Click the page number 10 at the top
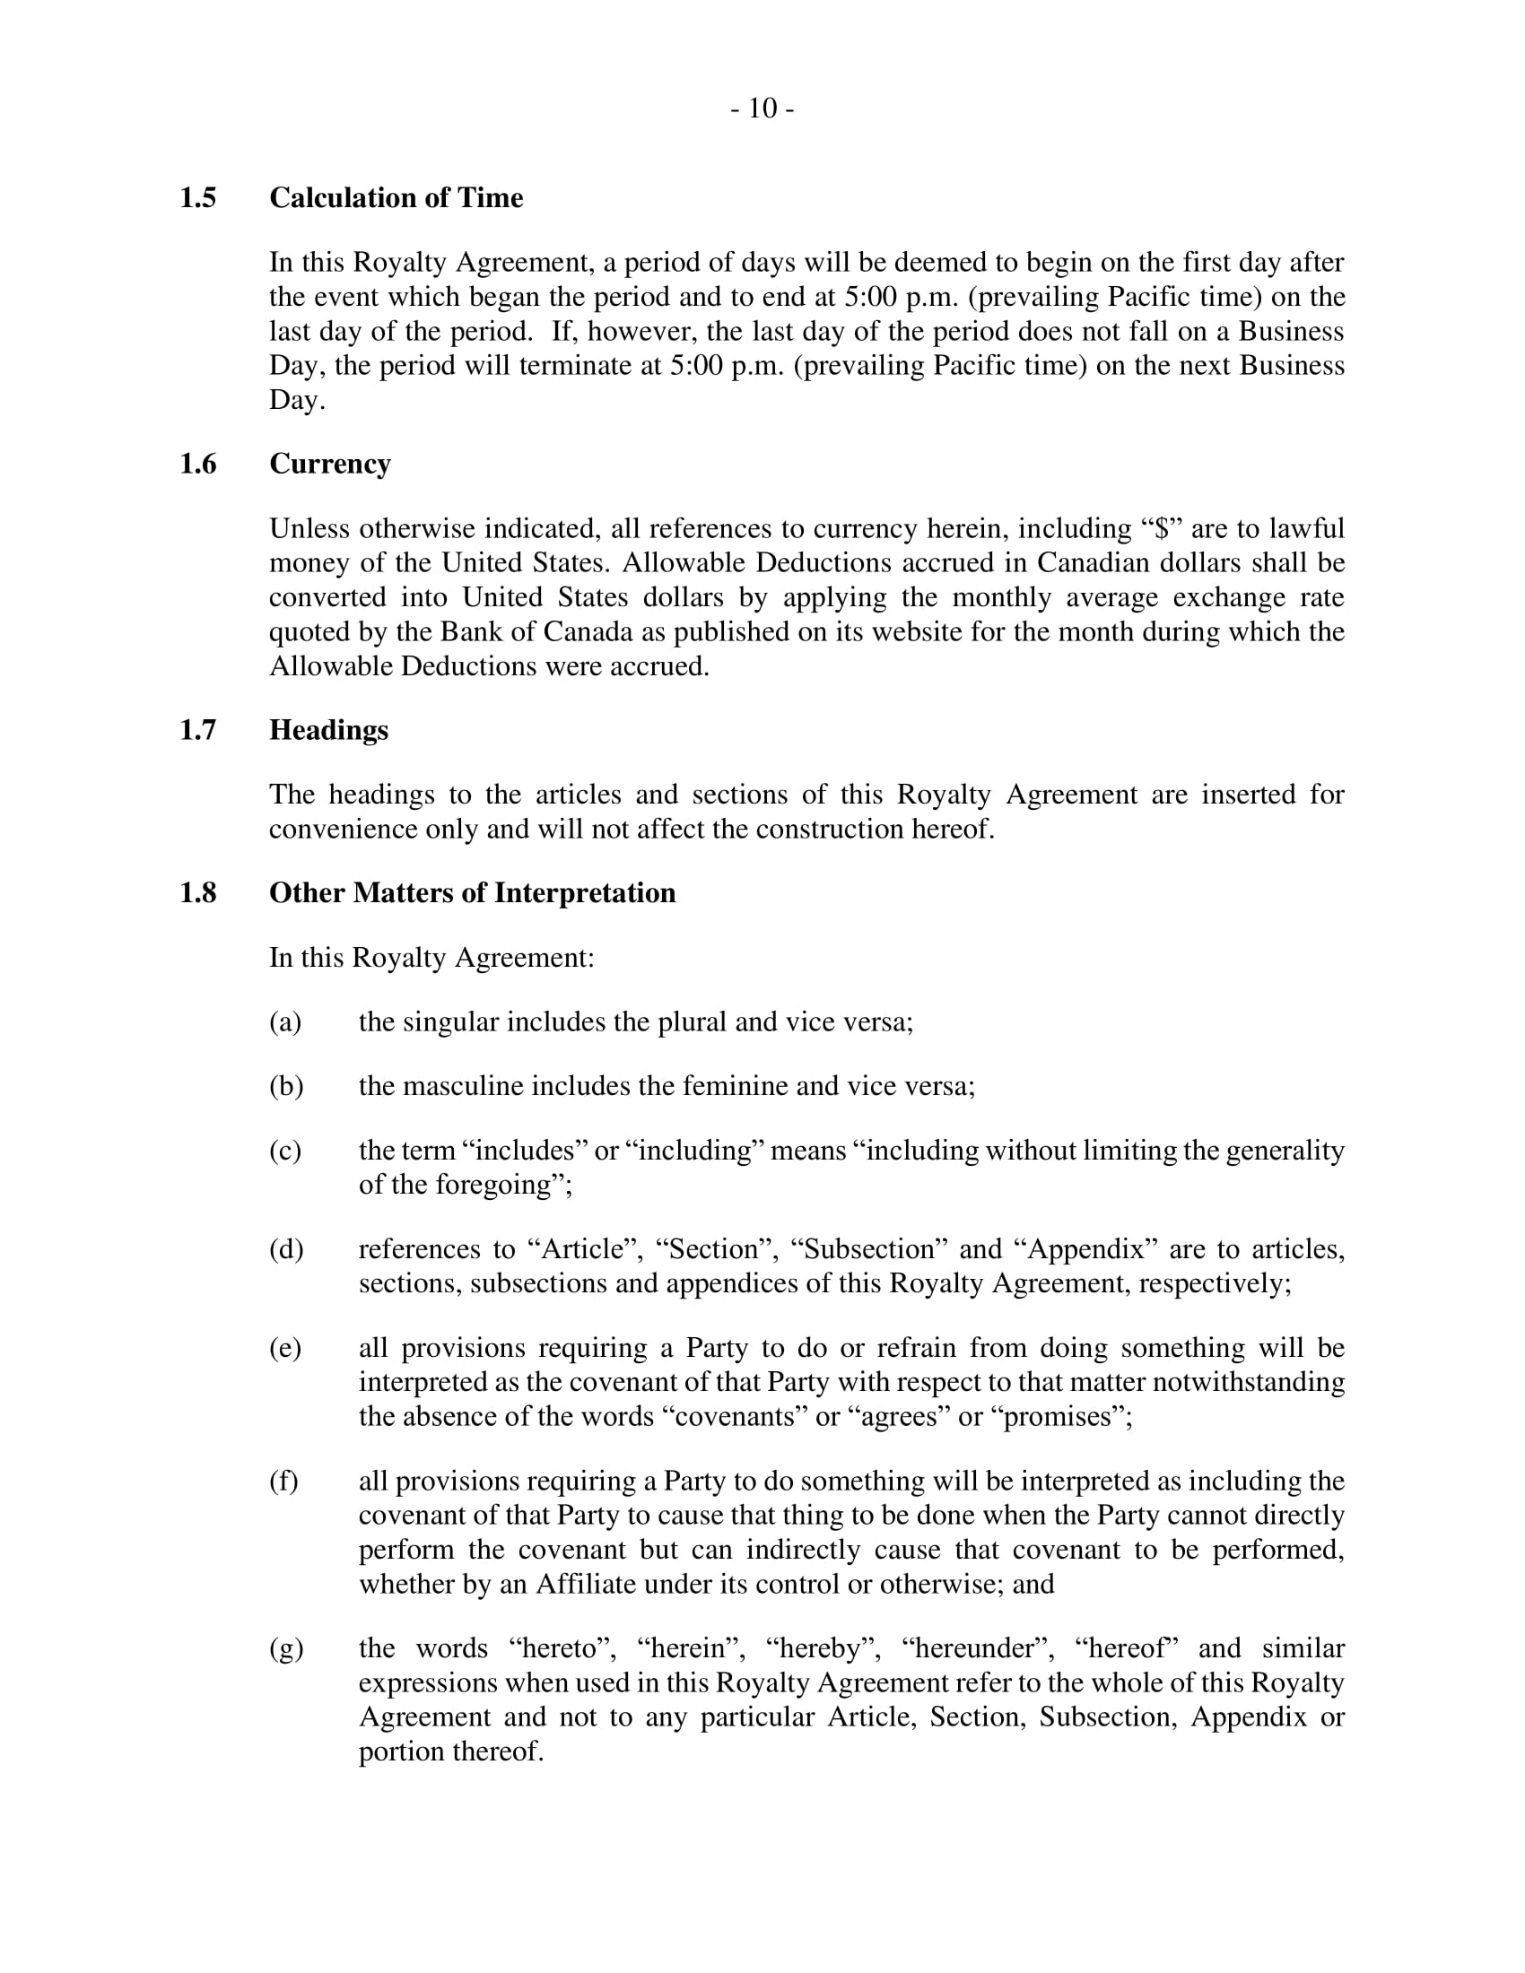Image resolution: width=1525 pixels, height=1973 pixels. [x=762, y=109]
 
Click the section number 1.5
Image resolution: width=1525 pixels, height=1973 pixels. [x=198, y=198]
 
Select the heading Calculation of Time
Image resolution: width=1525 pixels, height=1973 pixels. [x=396, y=198]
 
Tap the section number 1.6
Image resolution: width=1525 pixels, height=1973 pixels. [x=198, y=465]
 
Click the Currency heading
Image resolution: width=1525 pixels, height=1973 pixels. [x=330, y=465]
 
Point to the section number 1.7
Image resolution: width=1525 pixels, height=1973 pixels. [x=198, y=730]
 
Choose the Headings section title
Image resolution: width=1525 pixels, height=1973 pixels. [x=329, y=730]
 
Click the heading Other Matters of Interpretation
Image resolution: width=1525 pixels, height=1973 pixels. [x=473, y=893]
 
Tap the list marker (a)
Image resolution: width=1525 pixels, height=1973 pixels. [x=285, y=1022]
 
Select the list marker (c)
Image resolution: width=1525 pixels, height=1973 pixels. [x=285, y=1151]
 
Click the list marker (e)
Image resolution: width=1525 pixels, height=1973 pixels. [x=285, y=1349]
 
